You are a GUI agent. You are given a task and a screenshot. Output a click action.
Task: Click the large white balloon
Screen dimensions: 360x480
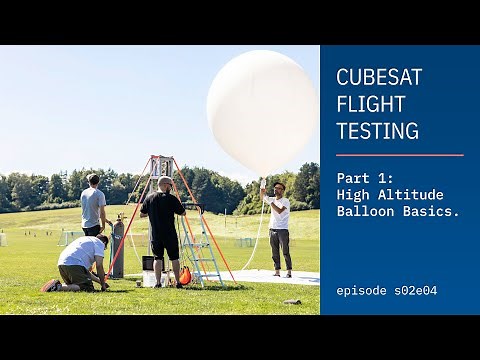[x=262, y=110]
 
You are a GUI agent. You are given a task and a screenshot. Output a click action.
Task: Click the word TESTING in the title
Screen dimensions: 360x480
[x=377, y=130]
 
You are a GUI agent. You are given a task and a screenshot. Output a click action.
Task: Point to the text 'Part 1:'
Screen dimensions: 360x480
[x=366, y=176]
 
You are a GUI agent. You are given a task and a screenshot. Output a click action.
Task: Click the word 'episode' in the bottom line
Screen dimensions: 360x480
[x=366, y=291]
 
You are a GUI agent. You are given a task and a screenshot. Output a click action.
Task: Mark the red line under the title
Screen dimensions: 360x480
[x=399, y=155]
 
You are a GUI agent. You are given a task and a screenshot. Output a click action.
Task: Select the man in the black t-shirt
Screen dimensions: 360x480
[x=162, y=225]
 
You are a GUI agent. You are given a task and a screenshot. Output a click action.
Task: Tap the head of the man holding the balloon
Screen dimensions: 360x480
[x=279, y=188]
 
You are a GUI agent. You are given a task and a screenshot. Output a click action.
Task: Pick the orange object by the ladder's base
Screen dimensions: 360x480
[x=184, y=274]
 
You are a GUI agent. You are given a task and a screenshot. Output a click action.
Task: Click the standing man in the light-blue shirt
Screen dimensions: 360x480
[x=93, y=207]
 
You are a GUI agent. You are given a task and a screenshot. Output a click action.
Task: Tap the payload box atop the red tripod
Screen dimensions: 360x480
[x=160, y=165]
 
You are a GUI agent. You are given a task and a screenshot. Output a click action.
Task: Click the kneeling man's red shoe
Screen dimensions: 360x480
[x=50, y=285]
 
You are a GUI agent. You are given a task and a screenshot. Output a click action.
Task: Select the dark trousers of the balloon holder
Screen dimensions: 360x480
[x=281, y=248]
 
